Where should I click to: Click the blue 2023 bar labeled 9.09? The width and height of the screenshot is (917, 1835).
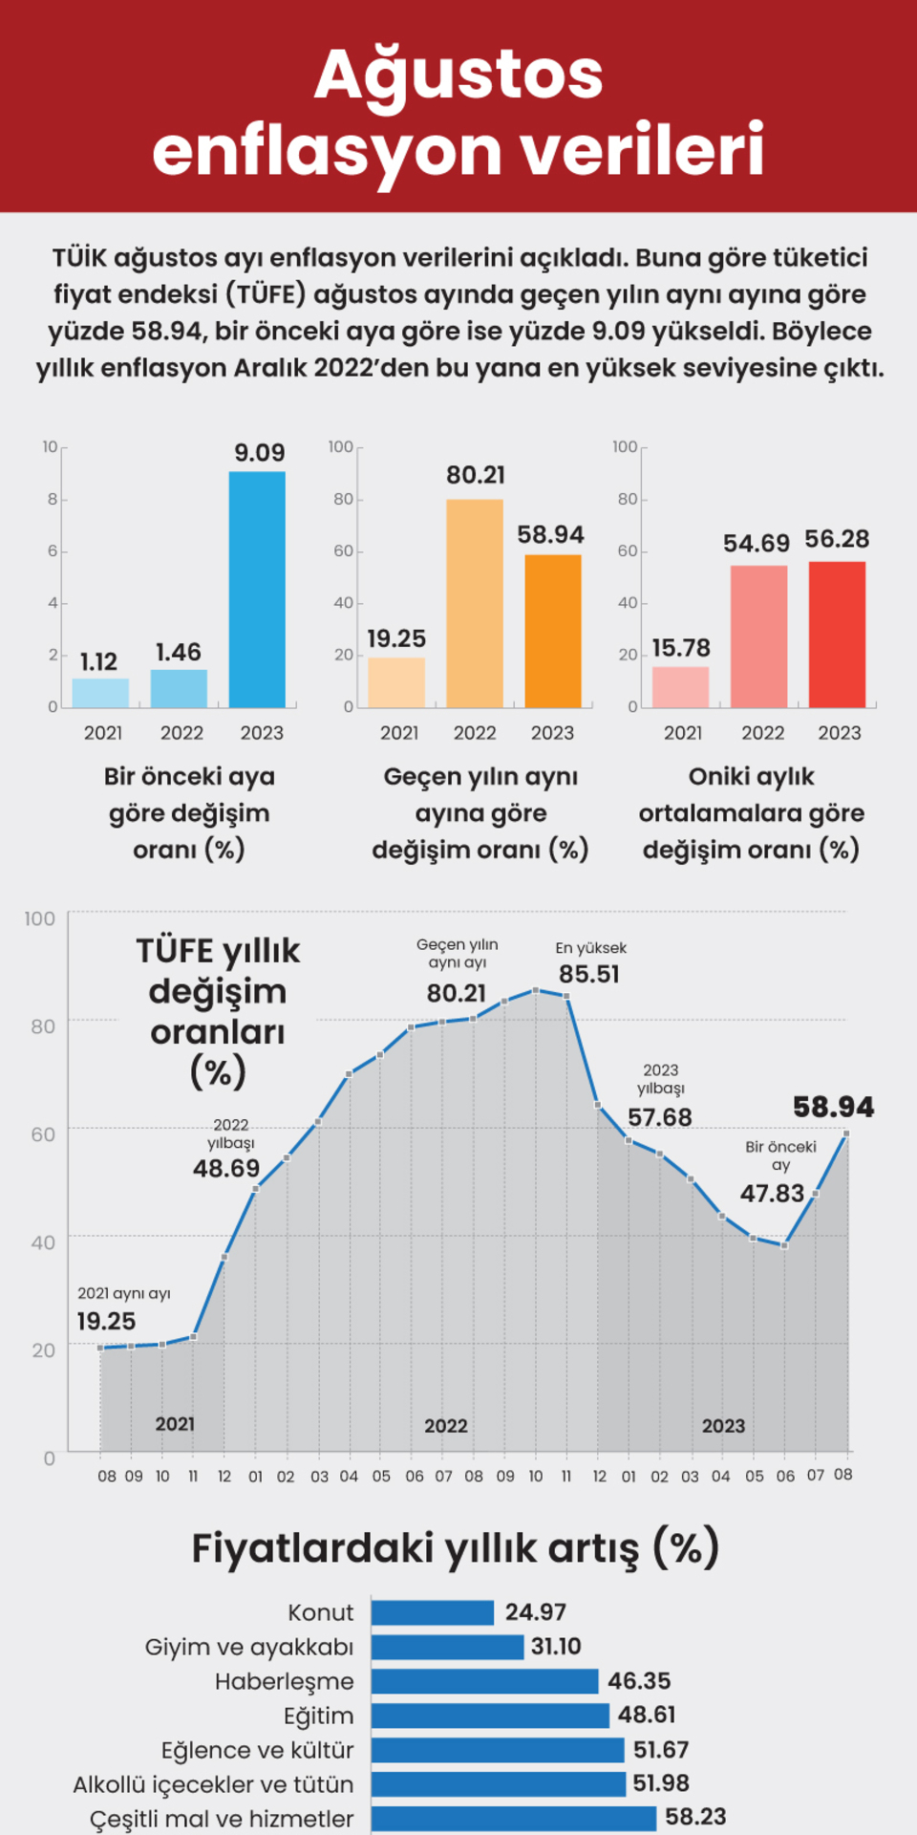click(257, 589)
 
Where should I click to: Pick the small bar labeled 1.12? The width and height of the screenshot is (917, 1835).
click(100, 692)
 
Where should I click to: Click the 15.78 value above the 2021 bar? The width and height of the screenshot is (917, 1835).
click(681, 648)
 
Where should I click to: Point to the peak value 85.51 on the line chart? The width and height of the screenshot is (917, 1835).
click(589, 974)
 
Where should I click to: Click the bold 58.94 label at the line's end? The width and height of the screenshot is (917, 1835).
click(833, 1107)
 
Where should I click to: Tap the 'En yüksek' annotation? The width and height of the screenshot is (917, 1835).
click(591, 948)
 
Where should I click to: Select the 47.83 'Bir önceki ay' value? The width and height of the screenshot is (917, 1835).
click(772, 1193)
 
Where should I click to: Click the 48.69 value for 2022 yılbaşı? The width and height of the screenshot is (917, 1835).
click(226, 1168)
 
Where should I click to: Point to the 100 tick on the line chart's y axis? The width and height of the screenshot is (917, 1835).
click(40, 918)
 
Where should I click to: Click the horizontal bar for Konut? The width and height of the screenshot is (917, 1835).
click(432, 1612)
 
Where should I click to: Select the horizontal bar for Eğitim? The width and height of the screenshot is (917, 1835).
click(489, 1716)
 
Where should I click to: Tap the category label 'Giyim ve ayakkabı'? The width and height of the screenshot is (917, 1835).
click(249, 1647)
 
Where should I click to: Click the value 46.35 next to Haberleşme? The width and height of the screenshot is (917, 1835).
click(639, 1680)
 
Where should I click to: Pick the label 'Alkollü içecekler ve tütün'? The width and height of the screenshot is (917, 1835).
click(213, 1784)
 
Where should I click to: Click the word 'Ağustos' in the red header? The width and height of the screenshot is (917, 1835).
click(458, 75)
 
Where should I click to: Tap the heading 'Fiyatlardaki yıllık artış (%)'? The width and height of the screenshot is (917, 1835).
click(455, 1547)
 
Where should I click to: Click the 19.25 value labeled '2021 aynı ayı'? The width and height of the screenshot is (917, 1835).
click(106, 1321)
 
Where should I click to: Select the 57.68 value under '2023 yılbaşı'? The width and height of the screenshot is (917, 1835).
click(660, 1116)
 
